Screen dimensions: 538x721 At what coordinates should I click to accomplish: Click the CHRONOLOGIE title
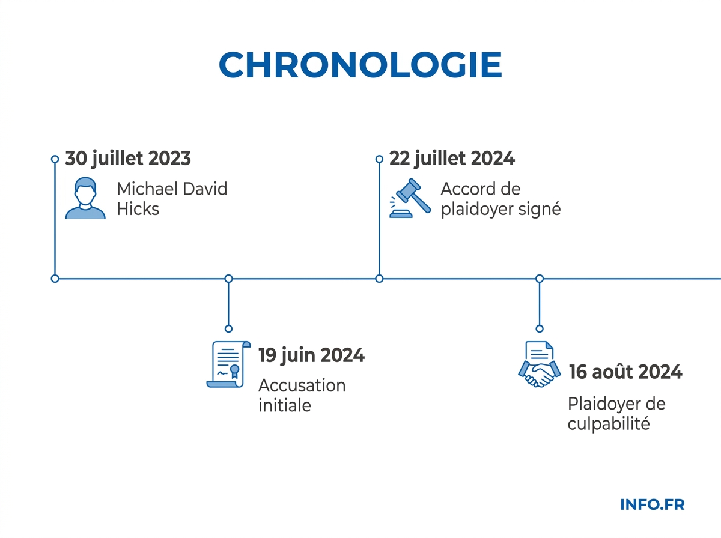[x=360, y=65]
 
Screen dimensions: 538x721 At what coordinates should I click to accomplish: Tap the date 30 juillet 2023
[x=128, y=159]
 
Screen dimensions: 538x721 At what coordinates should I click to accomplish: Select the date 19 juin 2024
[x=311, y=355]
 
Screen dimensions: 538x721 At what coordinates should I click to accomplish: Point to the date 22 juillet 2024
[x=452, y=159]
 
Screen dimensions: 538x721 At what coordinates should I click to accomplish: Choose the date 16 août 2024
[x=625, y=372]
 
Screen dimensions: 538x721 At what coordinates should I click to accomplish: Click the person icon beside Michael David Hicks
[x=85, y=198]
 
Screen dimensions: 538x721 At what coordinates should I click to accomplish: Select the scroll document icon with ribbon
[x=228, y=364]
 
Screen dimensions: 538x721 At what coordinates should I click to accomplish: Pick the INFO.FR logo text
[x=652, y=504]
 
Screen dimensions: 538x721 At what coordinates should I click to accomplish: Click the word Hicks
[x=138, y=210]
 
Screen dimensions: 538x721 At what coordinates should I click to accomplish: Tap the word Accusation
[x=302, y=385]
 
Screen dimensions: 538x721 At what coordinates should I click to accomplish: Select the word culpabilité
[x=609, y=423]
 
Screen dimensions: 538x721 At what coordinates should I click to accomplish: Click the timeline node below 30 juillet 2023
[x=55, y=279]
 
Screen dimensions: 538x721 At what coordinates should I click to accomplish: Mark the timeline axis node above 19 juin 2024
[x=228, y=279]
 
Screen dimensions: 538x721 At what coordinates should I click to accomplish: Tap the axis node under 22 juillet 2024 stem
[x=379, y=279]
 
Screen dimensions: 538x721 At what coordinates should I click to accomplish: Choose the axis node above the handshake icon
[x=540, y=279]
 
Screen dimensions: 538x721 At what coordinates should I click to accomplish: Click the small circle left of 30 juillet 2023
[x=55, y=159]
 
